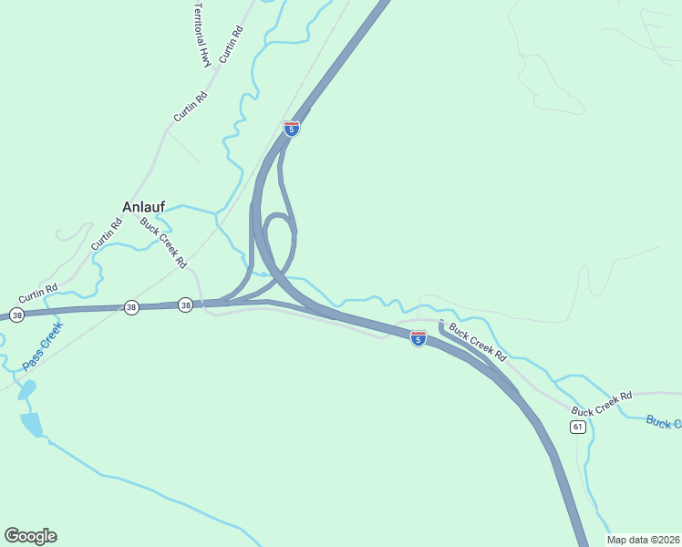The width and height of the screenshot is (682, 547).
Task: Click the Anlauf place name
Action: (144, 206)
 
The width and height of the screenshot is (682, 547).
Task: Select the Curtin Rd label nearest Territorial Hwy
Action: (232, 44)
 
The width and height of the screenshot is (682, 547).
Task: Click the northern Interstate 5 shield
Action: (292, 129)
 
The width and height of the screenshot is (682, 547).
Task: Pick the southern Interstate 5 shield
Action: (418, 338)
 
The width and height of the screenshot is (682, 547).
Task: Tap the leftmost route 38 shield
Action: (16, 315)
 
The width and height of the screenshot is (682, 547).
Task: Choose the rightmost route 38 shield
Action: (186, 305)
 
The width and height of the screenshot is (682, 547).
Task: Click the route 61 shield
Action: (578, 427)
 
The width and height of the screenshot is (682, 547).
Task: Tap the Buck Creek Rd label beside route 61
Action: (602, 404)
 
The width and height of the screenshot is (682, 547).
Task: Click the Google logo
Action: (30, 536)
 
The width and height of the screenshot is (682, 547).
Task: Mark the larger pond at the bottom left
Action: (32, 424)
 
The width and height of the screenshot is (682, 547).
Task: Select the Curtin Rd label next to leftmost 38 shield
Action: (38, 294)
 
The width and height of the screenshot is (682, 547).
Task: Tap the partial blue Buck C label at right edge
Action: (663, 422)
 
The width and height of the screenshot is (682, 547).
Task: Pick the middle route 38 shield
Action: (132, 308)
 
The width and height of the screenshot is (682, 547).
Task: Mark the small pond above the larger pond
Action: (26, 390)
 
